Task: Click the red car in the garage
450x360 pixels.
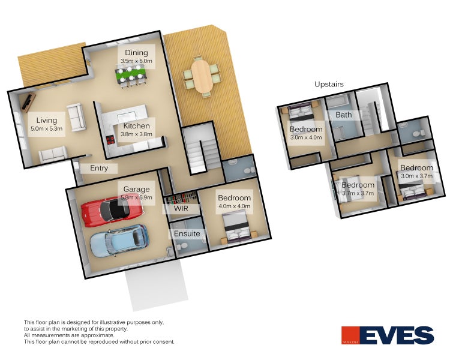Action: click(112, 211)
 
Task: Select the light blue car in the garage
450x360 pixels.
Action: click(119, 241)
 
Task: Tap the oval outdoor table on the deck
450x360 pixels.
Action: click(202, 76)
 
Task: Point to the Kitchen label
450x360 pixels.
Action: click(136, 126)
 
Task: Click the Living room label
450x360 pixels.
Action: click(46, 121)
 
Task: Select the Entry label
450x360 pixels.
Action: click(99, 168)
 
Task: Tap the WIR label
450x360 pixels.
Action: click(181, 208)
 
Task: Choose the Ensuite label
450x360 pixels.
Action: click(187, 233)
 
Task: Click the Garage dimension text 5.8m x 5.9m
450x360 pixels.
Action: click(137, 197)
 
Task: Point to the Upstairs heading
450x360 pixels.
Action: click(329, 84)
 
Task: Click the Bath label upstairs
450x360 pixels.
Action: click(344, 115)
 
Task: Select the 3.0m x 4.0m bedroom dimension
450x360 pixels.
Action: click(306, 137)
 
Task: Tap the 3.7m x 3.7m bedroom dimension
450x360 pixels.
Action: click(358, 193)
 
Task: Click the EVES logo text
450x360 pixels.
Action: click(397, 335)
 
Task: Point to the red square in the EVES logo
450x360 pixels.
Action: click(350, 335)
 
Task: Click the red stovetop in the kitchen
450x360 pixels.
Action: click(110, 140)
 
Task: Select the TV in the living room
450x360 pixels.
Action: click(28, 102)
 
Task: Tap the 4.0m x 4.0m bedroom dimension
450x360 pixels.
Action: click(234, 206)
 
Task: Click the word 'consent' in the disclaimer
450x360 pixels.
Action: click(164, 341)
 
